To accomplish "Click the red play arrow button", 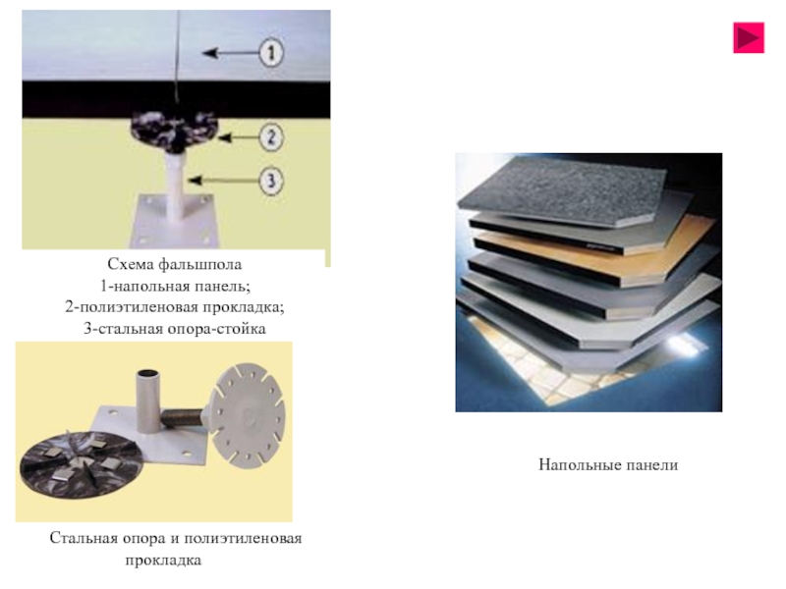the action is (749, 37).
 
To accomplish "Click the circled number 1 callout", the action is (271, 52).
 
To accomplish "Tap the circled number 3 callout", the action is (271, 181).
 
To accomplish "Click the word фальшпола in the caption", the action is (206, 265).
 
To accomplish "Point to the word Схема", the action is (131, 265).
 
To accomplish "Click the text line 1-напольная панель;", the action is (175, 286).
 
